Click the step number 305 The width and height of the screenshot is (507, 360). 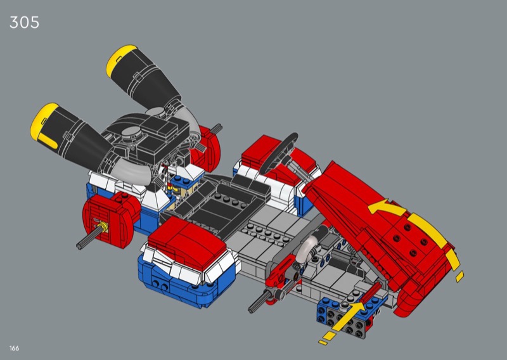coord(24,22)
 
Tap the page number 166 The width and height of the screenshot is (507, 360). coord(14,349)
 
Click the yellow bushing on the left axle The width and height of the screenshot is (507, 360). coord(104,227)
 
